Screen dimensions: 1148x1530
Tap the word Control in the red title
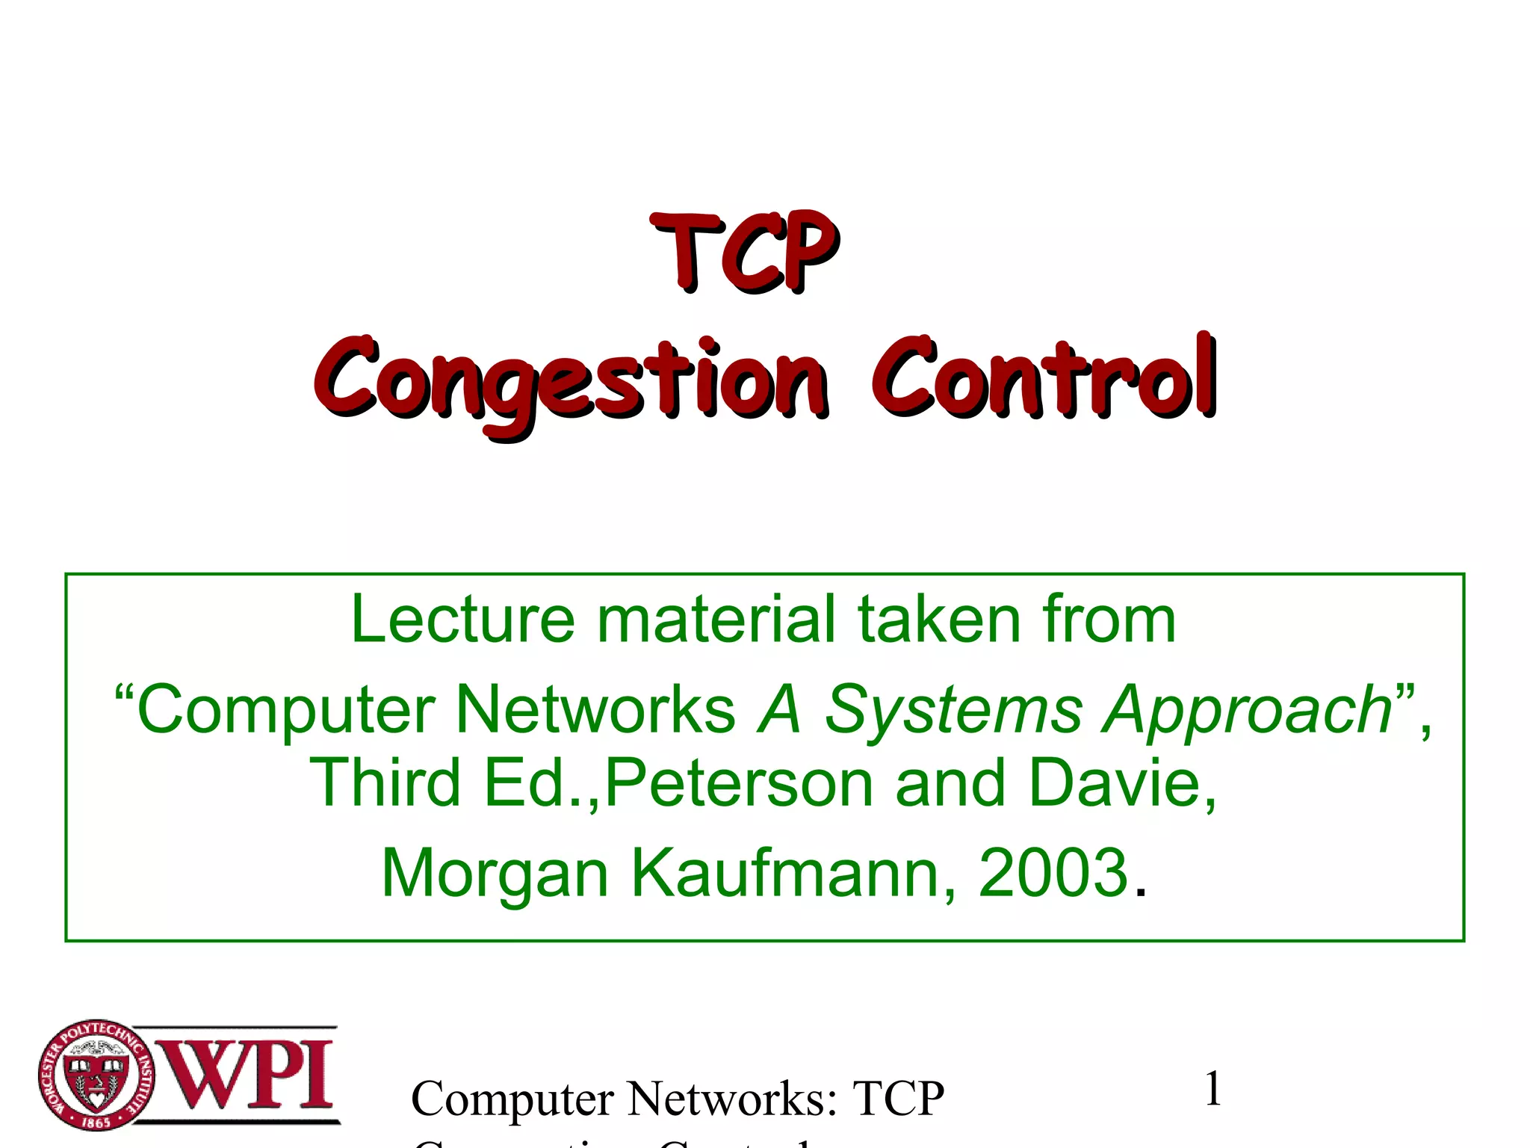[1044, 377]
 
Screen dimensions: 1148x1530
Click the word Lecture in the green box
[462, 620]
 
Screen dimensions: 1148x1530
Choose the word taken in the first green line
[938, 620]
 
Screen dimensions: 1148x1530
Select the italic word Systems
[953, 710]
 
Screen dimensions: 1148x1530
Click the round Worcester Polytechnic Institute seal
[96, 1075]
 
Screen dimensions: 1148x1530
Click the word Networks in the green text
[595, 710]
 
